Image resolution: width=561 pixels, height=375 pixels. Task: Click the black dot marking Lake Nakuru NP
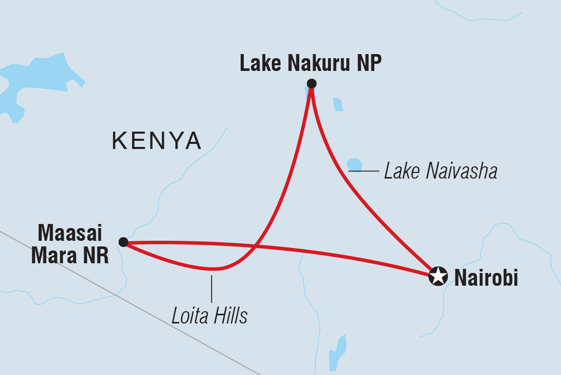(312, 84)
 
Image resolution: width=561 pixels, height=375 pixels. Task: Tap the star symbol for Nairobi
(438, 277)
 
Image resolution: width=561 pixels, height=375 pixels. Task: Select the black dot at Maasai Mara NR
(123, 242)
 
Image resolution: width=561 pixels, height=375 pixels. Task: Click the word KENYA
(157, 141)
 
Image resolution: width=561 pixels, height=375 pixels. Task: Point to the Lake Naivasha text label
(441, 171)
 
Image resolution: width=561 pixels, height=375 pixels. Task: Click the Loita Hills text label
(210, 316)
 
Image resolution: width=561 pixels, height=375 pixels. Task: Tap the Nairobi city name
(486, 278)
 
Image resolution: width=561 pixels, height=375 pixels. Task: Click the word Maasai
(70, 235)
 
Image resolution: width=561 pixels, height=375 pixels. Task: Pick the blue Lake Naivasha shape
(354, 165)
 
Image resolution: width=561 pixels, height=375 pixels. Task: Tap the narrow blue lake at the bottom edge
(337, 352)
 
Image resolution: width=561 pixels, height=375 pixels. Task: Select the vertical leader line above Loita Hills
(212, 288)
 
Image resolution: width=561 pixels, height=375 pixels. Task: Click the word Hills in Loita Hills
(230, 316)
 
